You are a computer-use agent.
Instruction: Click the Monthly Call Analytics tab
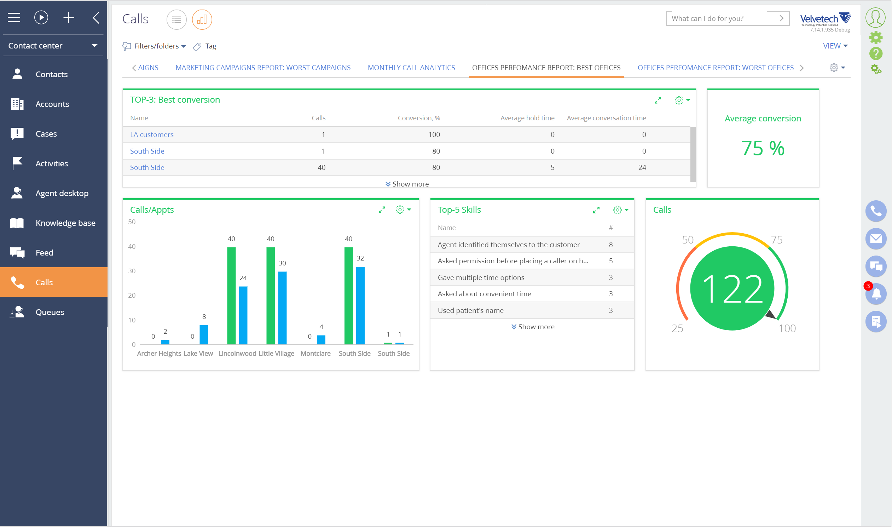coord(411,68)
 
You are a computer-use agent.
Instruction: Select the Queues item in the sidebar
coord(50,312)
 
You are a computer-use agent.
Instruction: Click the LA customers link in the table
coord(151,134)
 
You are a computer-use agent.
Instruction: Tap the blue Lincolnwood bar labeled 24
coord(243,315)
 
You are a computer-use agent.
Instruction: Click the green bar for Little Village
coord(270,296)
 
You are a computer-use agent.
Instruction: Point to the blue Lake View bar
coord(204,334)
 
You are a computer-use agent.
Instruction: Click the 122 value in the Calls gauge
coord(732,288)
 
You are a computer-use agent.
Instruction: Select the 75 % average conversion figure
coord(763,148)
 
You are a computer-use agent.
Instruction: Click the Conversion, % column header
coord(419,118)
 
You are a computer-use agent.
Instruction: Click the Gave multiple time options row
coord(481,277)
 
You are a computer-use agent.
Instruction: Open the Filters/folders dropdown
coord(159,46)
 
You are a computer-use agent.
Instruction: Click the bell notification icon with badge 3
coord(876,294)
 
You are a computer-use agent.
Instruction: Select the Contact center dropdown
coord(52,46)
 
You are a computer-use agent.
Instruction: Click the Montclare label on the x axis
coord(315,353)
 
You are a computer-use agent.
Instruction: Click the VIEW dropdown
coord(835,46)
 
